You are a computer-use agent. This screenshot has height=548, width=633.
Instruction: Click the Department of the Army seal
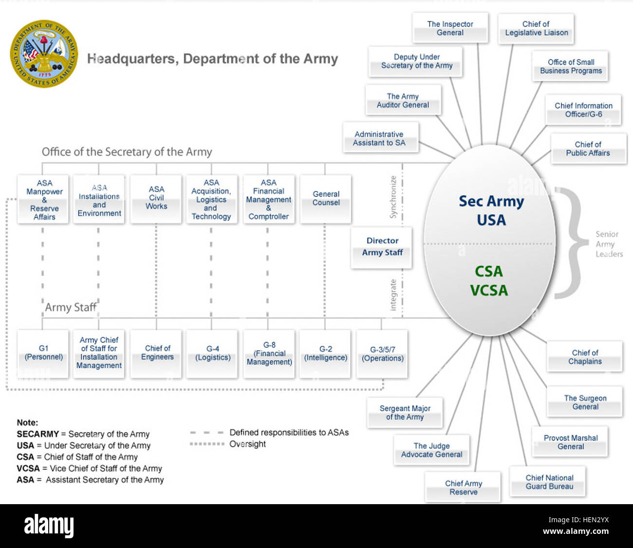44,54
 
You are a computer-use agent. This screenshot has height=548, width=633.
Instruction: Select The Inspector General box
450,28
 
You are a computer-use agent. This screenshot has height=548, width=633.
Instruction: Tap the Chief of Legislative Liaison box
536,28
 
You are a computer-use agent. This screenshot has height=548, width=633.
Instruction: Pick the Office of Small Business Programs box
571,66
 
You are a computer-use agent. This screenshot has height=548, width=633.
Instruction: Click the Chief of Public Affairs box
588,149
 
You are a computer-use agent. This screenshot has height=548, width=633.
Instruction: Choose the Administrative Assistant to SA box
379,138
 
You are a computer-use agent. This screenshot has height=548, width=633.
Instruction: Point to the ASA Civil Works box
156,198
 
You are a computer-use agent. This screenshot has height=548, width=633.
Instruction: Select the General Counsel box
326,199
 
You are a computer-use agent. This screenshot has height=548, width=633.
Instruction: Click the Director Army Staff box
382,247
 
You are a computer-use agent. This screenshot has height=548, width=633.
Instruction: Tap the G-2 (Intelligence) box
325,354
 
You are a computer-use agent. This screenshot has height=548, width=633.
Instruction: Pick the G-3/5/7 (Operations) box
382,354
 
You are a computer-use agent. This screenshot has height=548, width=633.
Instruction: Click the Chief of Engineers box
157,353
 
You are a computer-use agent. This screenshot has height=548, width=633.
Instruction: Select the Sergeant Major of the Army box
405,413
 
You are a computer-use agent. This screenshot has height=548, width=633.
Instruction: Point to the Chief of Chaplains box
585,357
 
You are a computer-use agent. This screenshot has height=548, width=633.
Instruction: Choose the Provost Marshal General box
571,442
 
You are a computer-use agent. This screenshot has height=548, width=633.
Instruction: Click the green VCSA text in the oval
489,290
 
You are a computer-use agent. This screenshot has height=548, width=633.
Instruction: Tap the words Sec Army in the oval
491,201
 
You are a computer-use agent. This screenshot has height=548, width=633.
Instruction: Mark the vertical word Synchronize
393,197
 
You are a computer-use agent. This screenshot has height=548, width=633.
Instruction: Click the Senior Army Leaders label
609,244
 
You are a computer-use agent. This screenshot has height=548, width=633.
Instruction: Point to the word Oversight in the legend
248,444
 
